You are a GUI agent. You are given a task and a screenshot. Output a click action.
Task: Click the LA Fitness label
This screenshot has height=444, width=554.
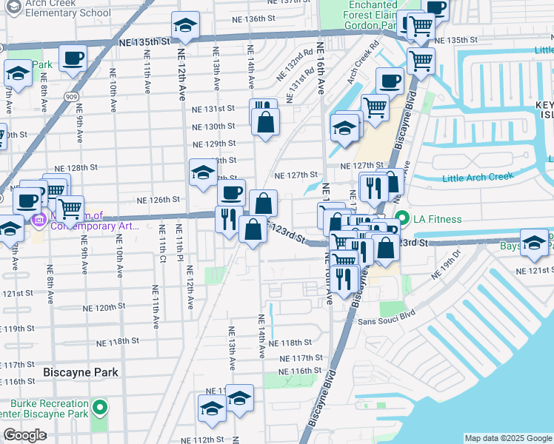tap(438, 219)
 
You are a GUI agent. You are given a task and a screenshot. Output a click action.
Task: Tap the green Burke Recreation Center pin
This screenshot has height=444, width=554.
tap(100, 408)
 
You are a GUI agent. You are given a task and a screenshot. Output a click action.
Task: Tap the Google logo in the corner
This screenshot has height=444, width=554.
tap(24, 435)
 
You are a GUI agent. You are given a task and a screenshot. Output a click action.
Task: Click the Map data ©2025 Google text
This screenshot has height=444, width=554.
tap(507, 438)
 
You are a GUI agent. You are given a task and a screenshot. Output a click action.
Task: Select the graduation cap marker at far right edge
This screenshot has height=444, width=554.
tap(534, 242)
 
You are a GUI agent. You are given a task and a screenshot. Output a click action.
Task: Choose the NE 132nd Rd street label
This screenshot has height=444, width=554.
tap(296, 65)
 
